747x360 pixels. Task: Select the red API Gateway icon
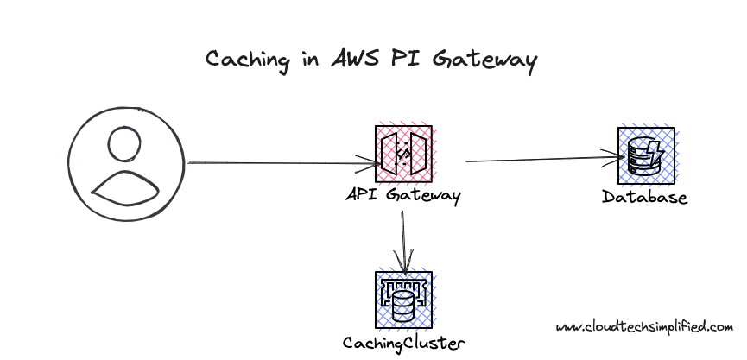coord(402,155)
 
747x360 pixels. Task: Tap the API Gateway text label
coord(402,195)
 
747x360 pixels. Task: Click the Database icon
coord(646,155)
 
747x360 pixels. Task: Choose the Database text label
coord(644,198)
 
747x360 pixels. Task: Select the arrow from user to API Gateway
coord(276,162)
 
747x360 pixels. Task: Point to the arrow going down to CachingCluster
coord(402,237)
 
